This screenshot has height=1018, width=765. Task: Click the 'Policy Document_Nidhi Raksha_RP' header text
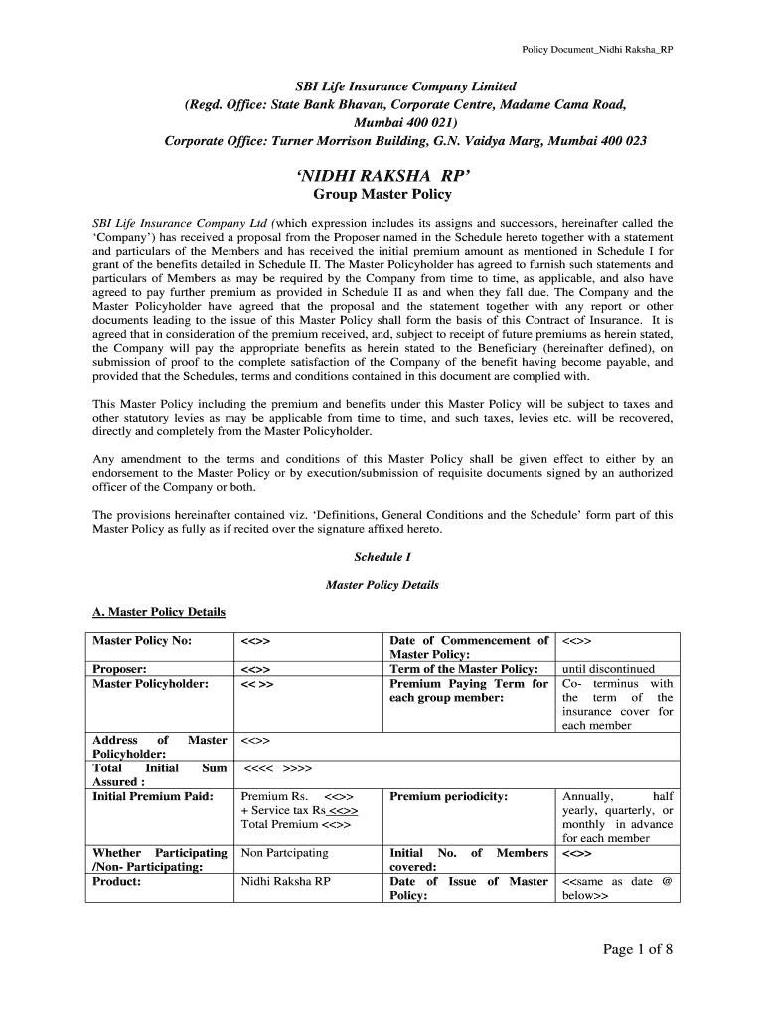point(598,50)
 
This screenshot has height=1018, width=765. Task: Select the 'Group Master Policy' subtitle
point(382,195)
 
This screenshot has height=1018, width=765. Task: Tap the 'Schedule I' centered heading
point(382,557)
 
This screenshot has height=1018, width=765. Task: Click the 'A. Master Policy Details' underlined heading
point(159,612)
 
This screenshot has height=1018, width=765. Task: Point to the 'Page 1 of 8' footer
point(638,949)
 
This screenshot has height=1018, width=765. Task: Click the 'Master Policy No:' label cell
point(142,641)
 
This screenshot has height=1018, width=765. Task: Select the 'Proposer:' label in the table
point(120,669)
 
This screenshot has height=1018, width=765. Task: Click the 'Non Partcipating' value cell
point(284,853)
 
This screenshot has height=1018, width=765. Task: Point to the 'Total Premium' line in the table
point(296,824)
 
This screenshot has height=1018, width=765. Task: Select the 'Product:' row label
point(117,881)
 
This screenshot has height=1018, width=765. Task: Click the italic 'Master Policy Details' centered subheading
point(382,585)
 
